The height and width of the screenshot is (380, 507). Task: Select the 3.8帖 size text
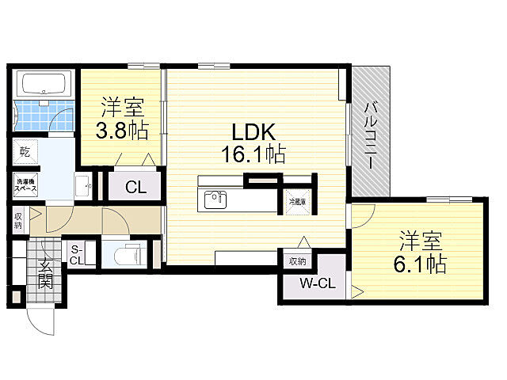click(122, 131)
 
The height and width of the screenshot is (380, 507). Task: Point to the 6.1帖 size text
click(421, 263)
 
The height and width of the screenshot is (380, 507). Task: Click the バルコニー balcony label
click(371, 134)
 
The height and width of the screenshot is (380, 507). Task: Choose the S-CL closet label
click(77, 253)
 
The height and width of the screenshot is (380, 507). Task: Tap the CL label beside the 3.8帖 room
click(135, 188)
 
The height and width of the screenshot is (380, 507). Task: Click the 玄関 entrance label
click(44, 274)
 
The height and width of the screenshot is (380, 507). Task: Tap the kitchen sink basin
click(214, 199)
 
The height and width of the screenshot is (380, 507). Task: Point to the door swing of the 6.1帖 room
click(364, 217)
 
